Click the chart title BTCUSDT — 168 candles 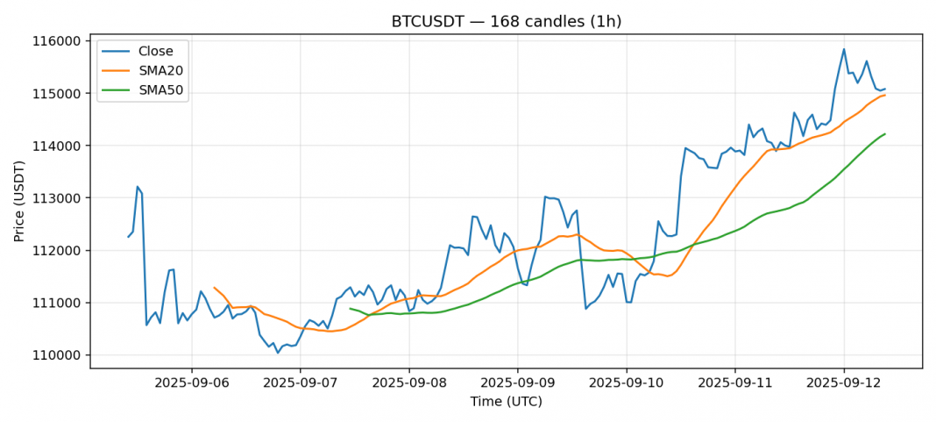click(506, 21)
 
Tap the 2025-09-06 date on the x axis click(191, 383)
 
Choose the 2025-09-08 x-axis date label click(408, 383)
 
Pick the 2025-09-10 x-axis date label click(626, 383)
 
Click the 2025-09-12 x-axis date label click(843, 383)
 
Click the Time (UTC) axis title click(506, 402)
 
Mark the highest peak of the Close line click(844, 49)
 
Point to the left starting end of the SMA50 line click(350, 308)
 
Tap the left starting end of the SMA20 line click(214, 287)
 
